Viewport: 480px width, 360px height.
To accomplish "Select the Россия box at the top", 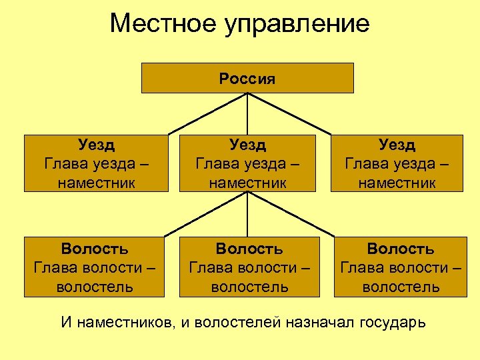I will tap(247, 78).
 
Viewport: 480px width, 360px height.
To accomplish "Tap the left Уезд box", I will tap(96, 163).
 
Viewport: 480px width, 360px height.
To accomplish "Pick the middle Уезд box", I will tap(247, 163).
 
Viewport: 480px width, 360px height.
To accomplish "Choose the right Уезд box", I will tap(397, 163).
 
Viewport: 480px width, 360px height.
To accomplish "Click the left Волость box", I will tap(95, 267).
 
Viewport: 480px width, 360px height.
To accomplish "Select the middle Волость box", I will tap(249, 267).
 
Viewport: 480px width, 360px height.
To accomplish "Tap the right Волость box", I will tap(401, 267).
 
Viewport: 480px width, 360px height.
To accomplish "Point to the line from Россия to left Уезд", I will tap(207, 113).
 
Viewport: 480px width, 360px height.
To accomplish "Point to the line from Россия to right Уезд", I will tap(289, 113).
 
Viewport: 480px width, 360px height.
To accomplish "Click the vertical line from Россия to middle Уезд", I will tap(248, 113).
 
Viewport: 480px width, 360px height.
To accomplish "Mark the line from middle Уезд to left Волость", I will tap(207, 215).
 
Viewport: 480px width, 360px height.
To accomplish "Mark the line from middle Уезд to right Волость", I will tap(289, 215).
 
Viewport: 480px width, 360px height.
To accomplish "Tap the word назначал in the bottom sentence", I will tap(321, 323).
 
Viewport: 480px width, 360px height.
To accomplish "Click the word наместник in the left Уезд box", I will tap(96, 182).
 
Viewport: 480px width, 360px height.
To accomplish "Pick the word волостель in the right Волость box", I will tap(401, 287).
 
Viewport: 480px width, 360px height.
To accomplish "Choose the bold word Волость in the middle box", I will tap(249, 249).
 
